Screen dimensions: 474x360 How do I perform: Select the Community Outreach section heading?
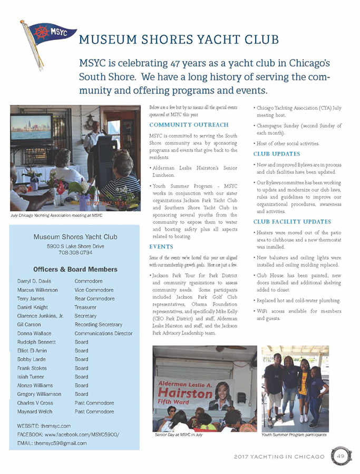click(189, 125)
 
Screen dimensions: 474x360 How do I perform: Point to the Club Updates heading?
click(277, 154)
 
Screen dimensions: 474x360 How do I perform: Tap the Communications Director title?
click(103, 333)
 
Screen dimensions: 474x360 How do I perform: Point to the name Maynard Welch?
click(37, 411)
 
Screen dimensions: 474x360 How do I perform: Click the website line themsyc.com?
click(44, 426)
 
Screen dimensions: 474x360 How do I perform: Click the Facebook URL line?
click(69, 434)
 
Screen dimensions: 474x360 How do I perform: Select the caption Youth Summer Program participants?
click(294, 435)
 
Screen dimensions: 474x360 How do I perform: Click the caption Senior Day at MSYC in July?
click(179, 435)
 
